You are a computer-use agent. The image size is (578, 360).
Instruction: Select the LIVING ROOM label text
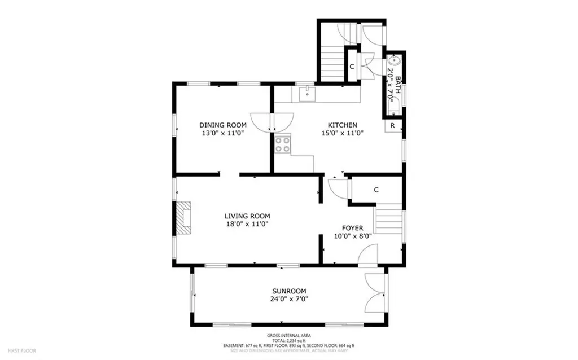click(x=247, y=216)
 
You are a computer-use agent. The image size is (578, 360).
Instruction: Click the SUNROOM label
click(x=288, y=291)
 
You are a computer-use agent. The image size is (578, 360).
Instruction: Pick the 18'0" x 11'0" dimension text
click(x=247, y=224)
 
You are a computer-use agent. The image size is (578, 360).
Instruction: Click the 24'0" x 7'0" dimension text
click(x=288, y=300)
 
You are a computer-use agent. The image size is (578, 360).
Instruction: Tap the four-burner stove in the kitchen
click(x=283, y=144)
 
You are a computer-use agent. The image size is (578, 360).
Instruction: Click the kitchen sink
click(x=307, y=94)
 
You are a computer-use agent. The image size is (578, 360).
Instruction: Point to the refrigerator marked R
click(x=392, y=125)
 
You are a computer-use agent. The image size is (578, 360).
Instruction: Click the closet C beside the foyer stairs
click(x=376, y=190)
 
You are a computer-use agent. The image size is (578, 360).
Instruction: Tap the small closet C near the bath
click(x=352, y=67)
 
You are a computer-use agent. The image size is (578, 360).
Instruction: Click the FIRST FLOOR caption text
click(x=23, y=350)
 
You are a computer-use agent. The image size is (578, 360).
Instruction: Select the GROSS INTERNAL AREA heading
click(x=288, y=335)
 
